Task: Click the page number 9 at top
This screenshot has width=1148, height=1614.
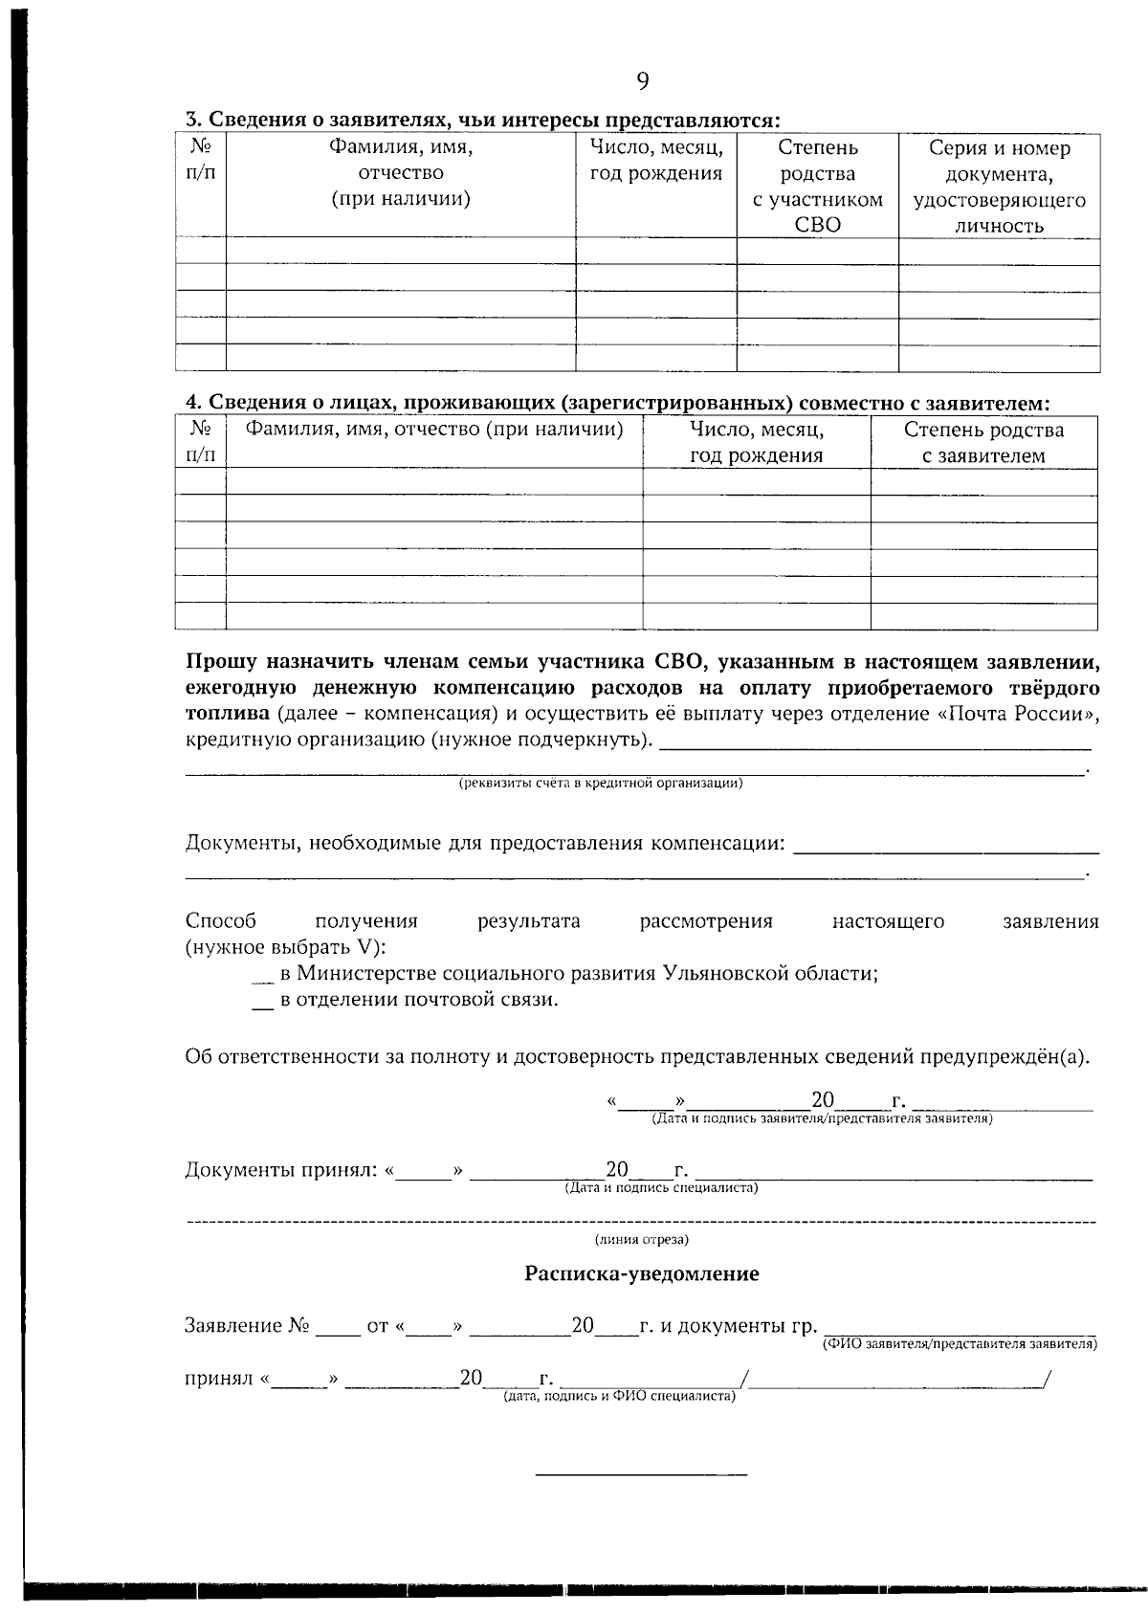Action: tap(642, 82)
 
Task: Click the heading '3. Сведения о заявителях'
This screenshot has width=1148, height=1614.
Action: tap(482, 121)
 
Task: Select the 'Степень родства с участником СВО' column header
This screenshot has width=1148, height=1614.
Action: tap(817, 187)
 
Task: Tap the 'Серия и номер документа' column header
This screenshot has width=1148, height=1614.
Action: tap(999, 187)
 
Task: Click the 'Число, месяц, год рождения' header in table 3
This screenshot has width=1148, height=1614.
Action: tap(655, 161)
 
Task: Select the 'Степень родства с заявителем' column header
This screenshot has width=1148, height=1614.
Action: tap(983, 442)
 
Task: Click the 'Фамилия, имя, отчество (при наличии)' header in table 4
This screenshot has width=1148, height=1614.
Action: tap(434, 430)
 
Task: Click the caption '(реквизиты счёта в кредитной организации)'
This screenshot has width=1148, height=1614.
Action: tap(601, 784)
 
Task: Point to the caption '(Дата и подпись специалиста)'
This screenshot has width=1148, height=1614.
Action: tap(661, 1188)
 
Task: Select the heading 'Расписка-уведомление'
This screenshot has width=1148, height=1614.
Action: tap(641, 1274)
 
